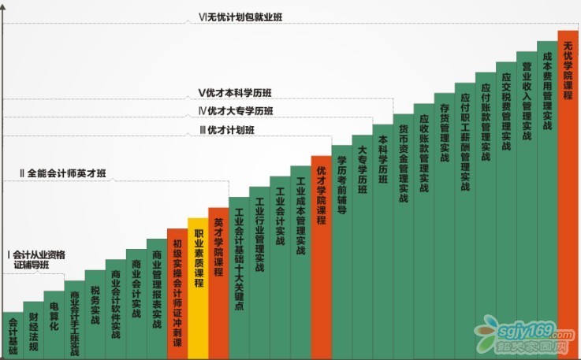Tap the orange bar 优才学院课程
321,252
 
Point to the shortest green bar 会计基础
13,335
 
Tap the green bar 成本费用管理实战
548,197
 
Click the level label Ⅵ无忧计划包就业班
241,17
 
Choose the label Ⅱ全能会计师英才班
62,173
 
